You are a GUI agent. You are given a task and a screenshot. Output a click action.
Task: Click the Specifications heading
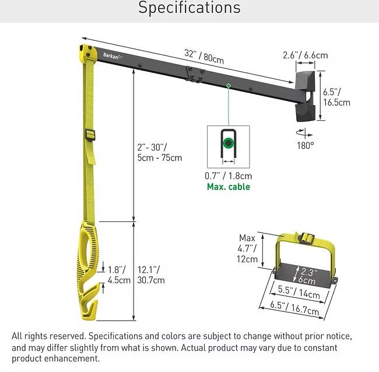pyautogui.click(x=189, y=8)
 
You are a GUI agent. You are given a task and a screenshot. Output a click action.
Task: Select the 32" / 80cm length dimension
pyautogui.click(x=204, y=57)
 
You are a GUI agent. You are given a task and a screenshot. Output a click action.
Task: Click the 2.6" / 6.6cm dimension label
pyautogui.click(x=306, y=55)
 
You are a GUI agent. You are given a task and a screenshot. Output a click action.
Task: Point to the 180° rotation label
pyautogui.click(x=306, y=145)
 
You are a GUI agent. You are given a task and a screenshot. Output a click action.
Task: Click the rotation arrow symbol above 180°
pyautogui.click(x=304, y=133)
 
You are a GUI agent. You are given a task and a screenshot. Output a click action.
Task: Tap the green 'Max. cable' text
pyautogui.click(x=229, y=187)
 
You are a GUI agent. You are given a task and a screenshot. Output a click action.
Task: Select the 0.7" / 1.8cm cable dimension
pyautogui.click(x=228, y=176)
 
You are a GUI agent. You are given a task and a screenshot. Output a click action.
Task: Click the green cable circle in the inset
pyautogui.click(x=228, y=143)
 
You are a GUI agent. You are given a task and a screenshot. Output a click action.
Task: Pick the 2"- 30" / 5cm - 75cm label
pyautogui.click(x=160, y=152)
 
